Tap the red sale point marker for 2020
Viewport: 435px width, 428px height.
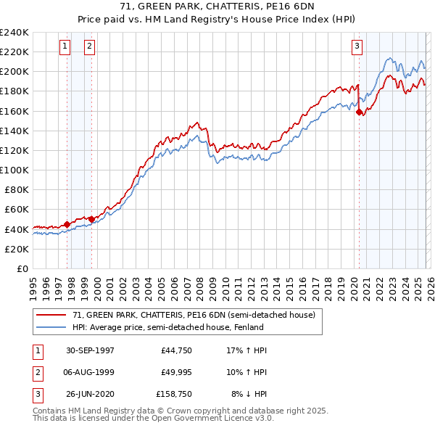[x=359, y=112]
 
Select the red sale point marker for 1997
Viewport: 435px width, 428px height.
[x=67, y=224]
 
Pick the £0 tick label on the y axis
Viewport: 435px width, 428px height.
[x=22, y=268]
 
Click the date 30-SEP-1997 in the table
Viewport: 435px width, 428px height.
[x=90, y=350]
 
